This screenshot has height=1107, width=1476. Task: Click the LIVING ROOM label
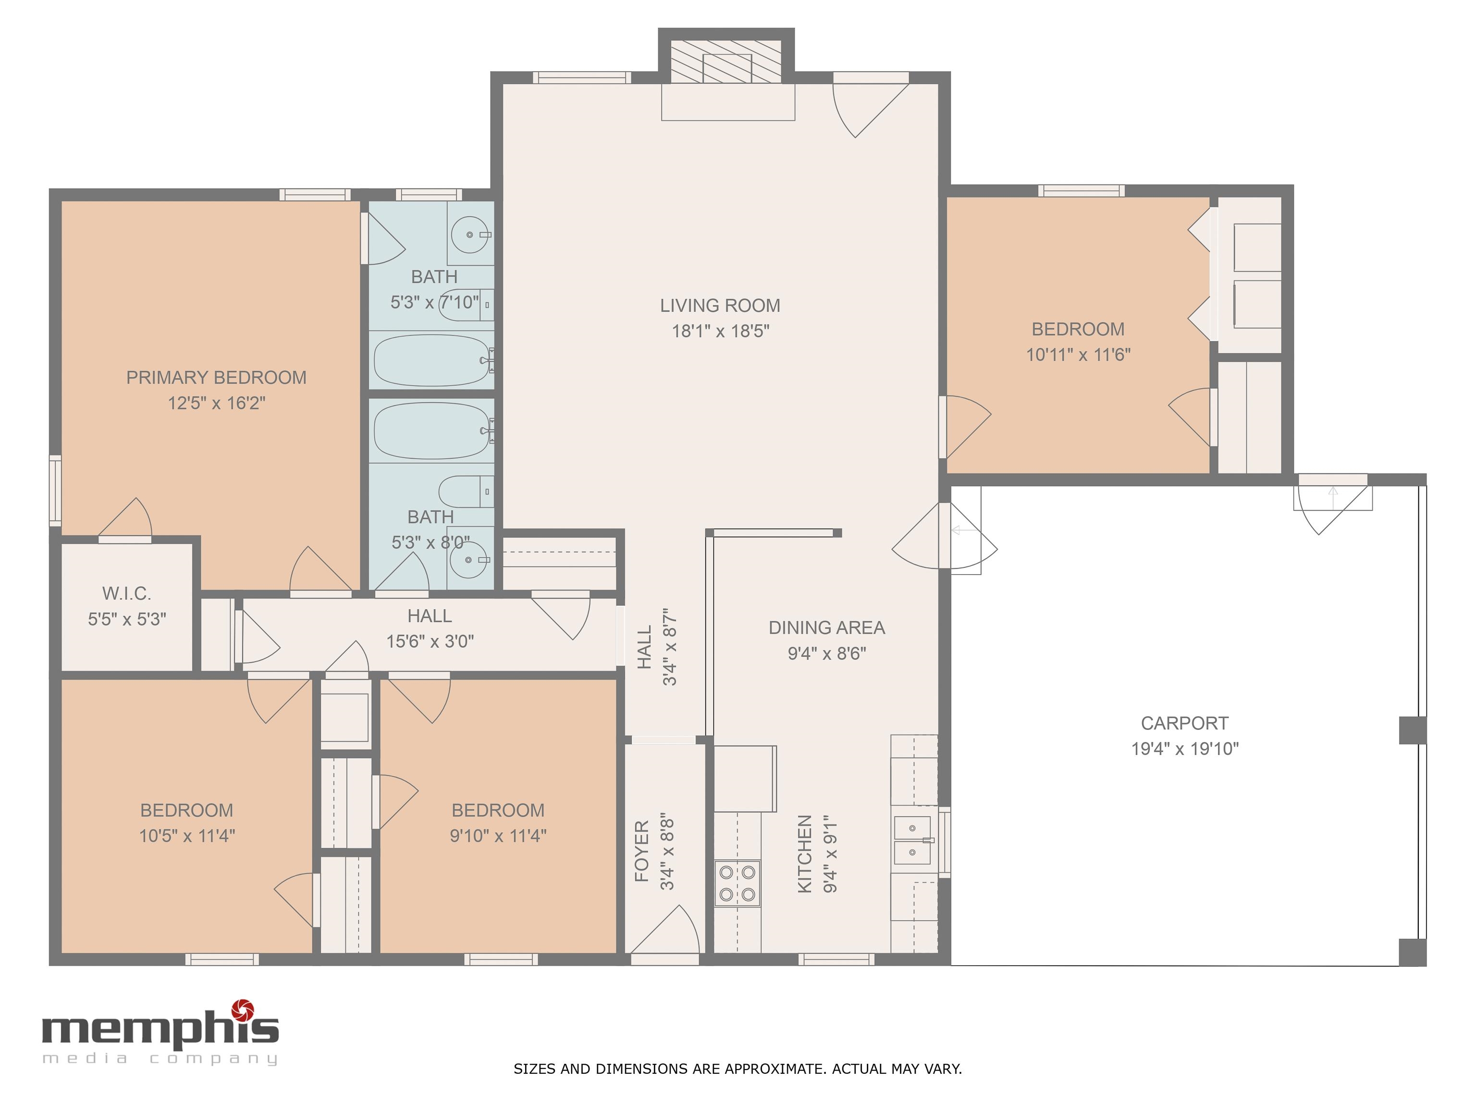coord(720,306)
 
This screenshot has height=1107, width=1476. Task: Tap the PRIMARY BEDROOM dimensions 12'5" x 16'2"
coord(216,403)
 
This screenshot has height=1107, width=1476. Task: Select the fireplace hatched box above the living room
coord(726,61)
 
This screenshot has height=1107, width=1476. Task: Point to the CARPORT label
coord(1184,723)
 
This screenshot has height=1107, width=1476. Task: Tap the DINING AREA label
coord(827,628)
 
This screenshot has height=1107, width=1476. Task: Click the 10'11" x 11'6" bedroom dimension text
coord(1078,355)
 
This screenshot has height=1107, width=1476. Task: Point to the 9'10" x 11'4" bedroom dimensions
coord(498,836)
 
